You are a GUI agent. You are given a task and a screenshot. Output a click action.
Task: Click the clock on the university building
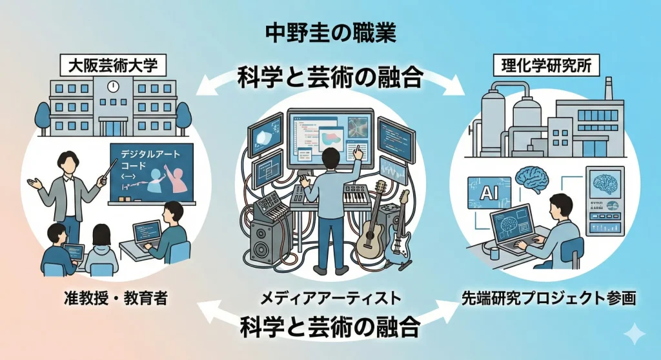click(113, 85)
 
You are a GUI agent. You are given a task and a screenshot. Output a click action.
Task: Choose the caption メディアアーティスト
click(330, 298)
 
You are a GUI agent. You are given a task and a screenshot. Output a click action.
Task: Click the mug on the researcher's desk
click(495, 251)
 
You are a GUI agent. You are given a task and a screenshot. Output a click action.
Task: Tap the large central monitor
click(329, 137)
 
